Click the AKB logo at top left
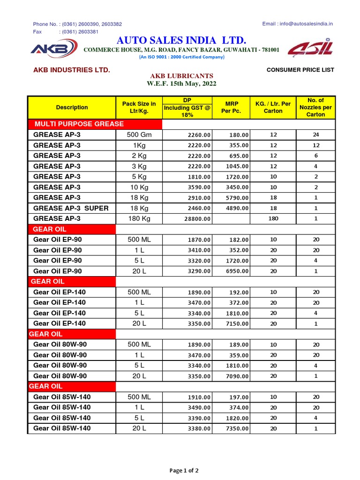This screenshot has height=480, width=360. (x=53, y=49)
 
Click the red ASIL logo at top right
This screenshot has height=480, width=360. (x=310, y=49)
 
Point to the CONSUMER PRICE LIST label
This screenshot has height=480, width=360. (x=300, y=70)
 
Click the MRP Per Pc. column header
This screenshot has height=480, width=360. (x=231, y=107)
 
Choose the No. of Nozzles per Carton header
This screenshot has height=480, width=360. (x=315, y=107)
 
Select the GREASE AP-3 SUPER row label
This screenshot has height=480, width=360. (x=71, y=208)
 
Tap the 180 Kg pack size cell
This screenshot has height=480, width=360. (x=139, y=218)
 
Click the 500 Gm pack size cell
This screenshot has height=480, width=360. (x=139, y=135)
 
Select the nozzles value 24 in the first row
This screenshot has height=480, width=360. (x=315, y=135)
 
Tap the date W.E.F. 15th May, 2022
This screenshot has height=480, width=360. (x=181, y=84)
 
